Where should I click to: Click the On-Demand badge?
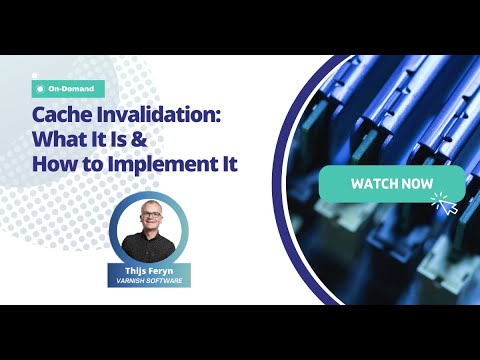click(x=69, y=88)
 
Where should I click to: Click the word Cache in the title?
click(x=62, y=115)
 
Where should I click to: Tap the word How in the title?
click(x=55, y=164)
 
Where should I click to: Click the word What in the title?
click(x=64, y=139)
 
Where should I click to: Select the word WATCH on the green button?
click(x=373, y=185)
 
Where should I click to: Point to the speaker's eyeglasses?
click(x=147, y=220)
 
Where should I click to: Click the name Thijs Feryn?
click(x=147, y=270)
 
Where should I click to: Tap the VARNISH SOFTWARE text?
click(x=147, y=282)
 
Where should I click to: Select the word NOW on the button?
click(x=418, y=185)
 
